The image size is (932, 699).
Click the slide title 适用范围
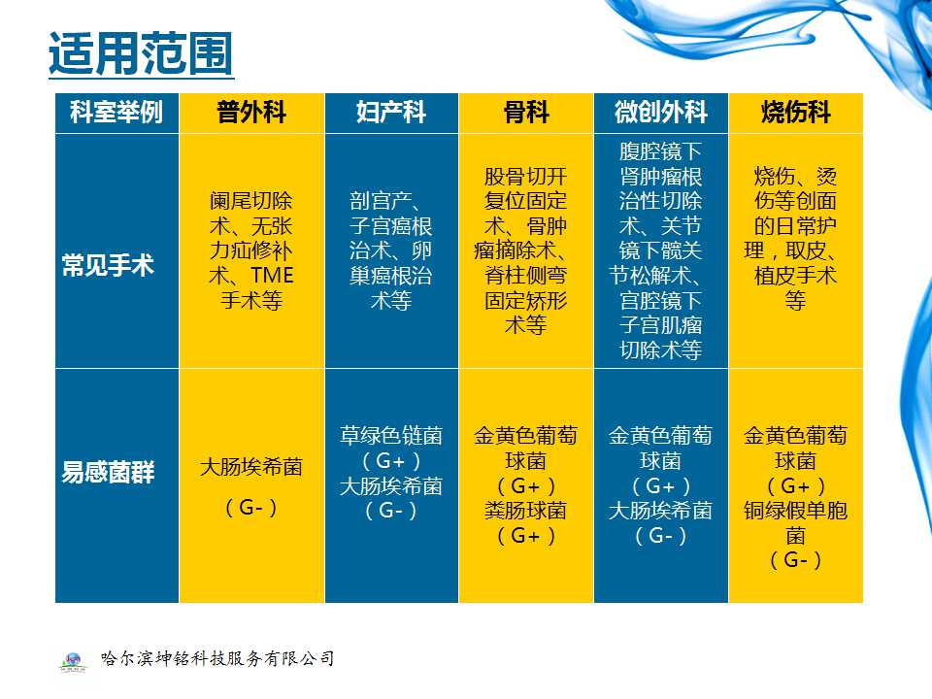140,54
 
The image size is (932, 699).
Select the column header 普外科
251,113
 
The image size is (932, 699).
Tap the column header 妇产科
390,113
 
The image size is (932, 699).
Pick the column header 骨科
525,113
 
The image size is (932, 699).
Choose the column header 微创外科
660,113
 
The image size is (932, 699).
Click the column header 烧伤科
795,113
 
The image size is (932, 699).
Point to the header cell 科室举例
116,113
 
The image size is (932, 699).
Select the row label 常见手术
108,265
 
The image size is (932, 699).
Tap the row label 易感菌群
108,474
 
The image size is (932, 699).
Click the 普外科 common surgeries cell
251,250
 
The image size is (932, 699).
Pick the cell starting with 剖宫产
390,250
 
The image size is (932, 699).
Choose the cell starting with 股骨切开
525,250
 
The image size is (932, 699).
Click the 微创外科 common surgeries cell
660,250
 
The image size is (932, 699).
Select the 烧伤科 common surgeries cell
795,239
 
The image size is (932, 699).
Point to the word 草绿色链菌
390,436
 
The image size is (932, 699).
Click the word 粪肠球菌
525,511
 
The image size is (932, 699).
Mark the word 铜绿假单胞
795,511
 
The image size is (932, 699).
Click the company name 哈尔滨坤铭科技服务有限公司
217,658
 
